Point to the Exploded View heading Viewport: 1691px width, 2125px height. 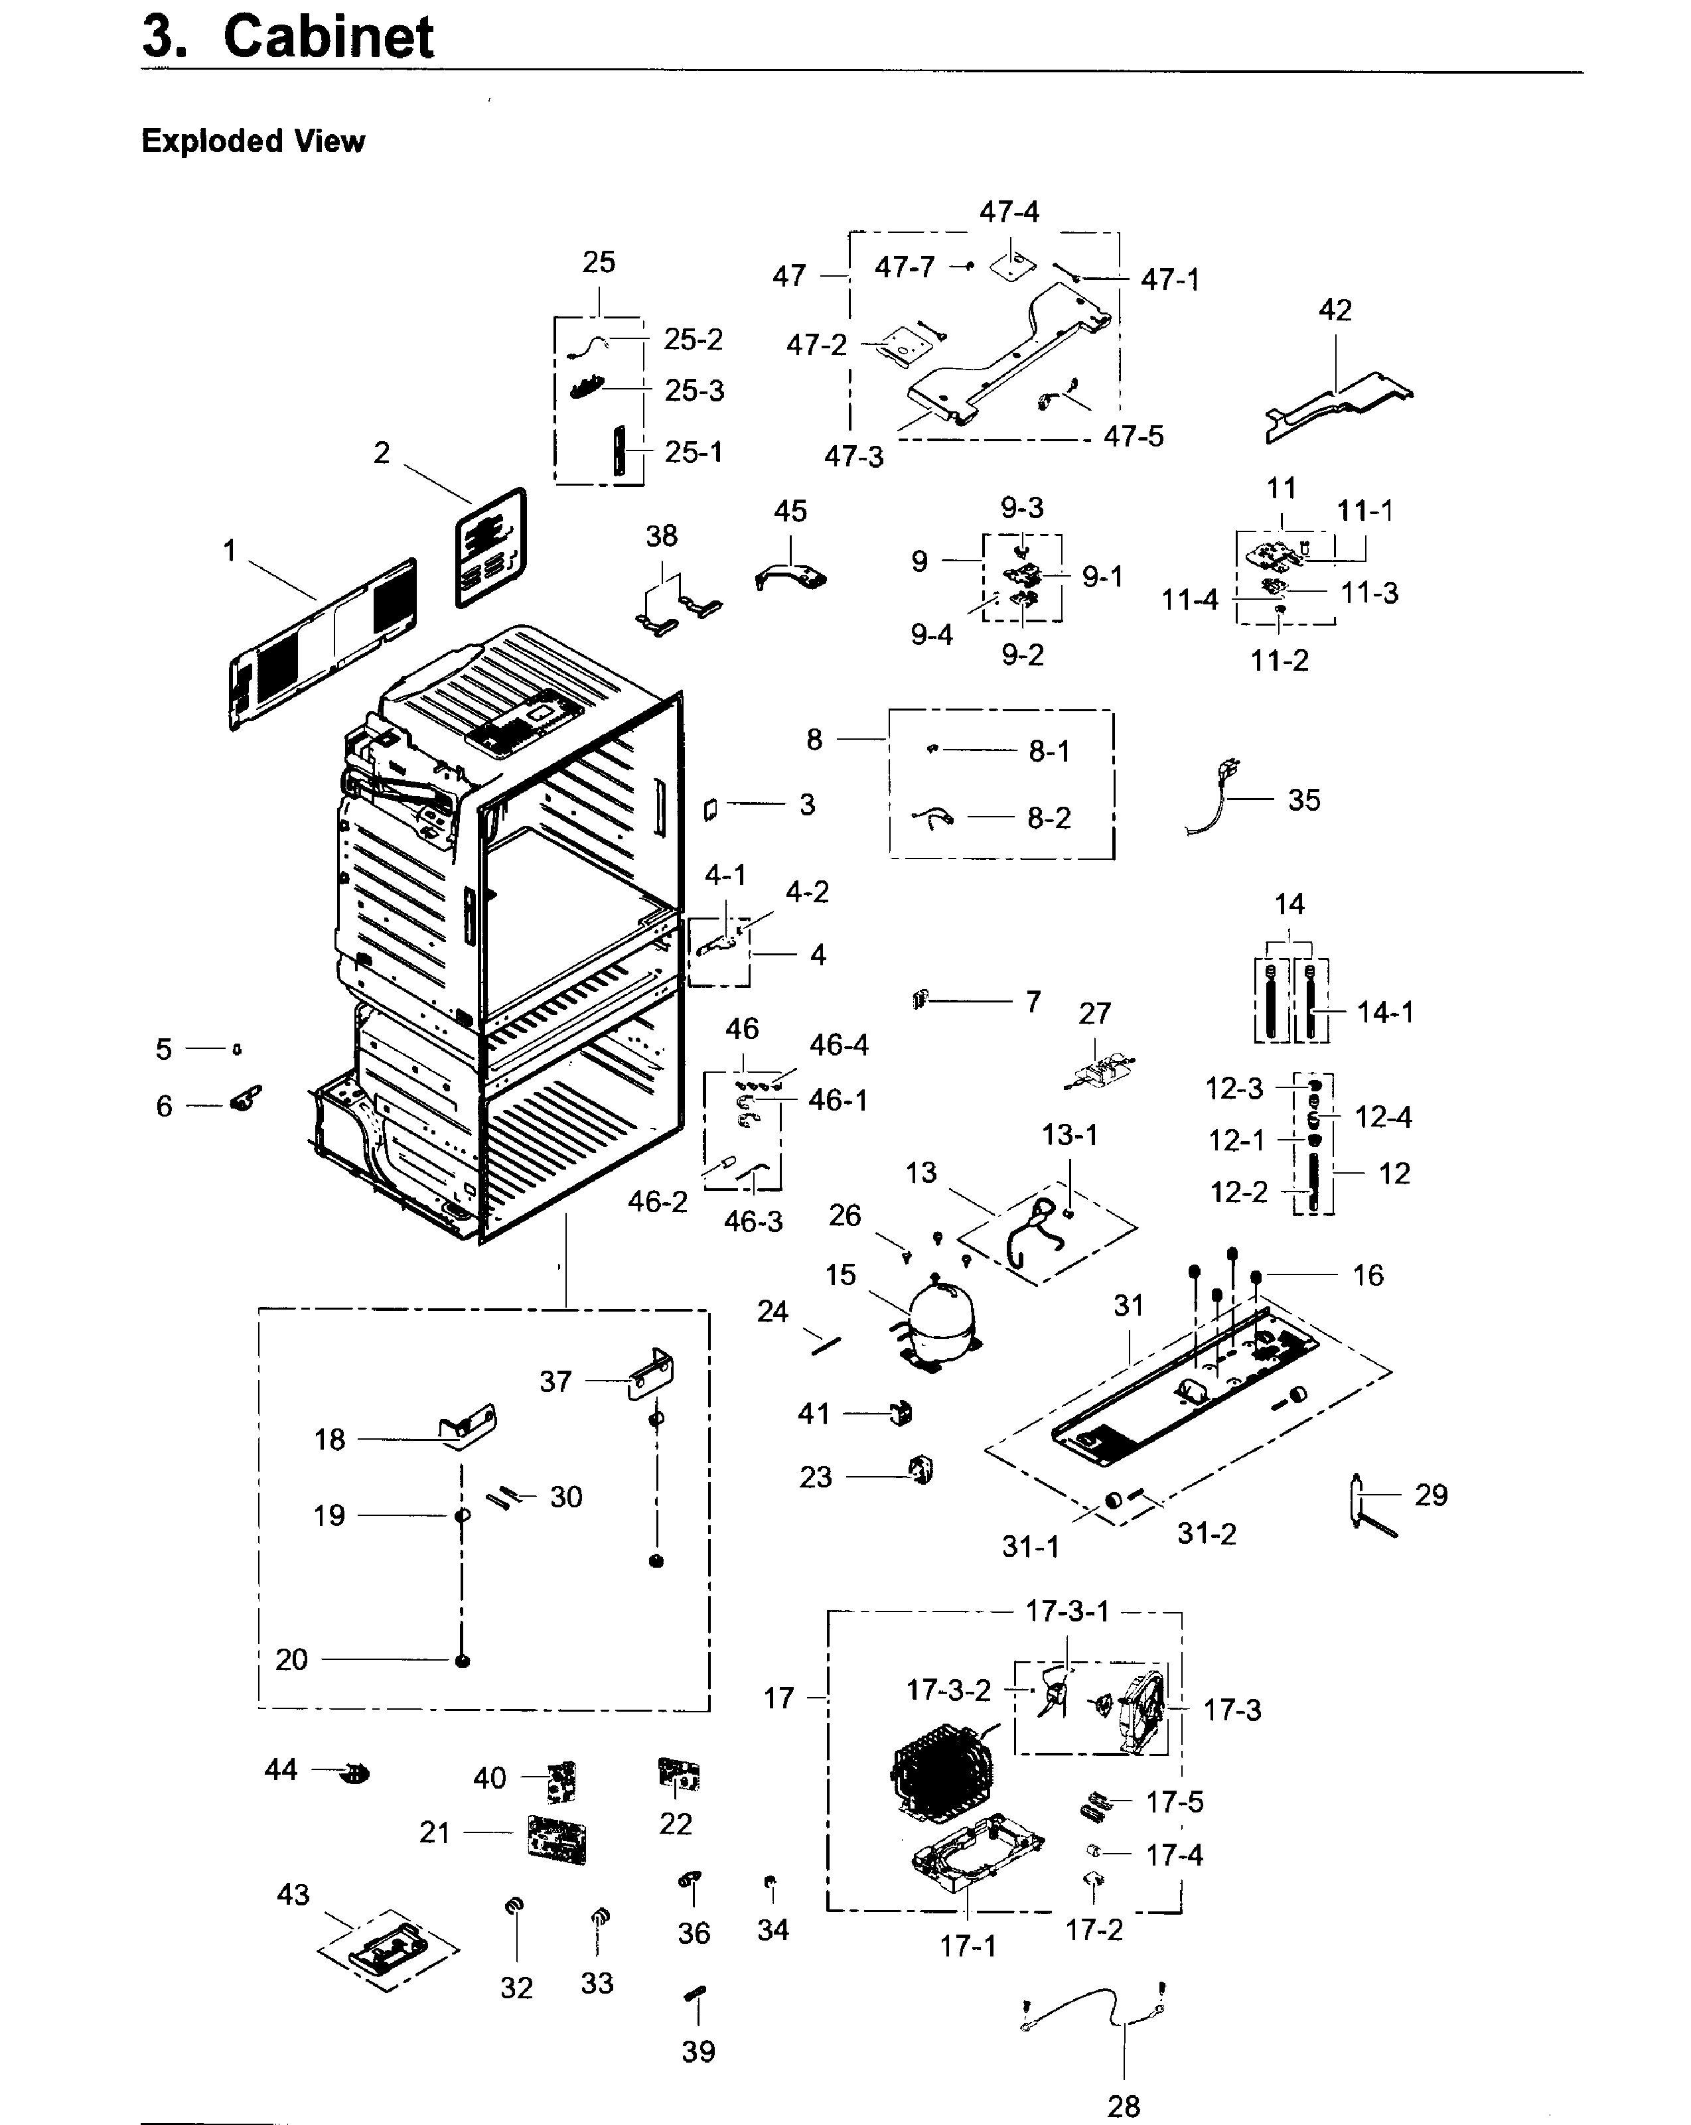pos(254,141)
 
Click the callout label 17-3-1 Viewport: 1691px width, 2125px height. pos(1068,1611)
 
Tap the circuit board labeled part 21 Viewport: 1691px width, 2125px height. pos(557,1839)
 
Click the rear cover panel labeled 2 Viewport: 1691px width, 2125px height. pos(491,547)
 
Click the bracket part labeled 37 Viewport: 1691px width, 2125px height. pos(651,1375)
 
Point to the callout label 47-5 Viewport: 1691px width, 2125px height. pos(1133,436)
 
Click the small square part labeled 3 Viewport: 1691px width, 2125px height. pos(709,809)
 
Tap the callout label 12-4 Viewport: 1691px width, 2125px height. pos(1382,1117)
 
